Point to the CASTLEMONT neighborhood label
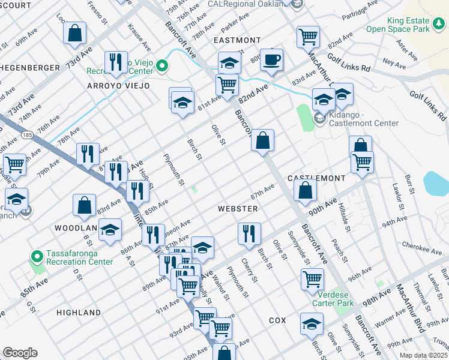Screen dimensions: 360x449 coord(316,178)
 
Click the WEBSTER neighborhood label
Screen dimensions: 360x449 coord(238,208)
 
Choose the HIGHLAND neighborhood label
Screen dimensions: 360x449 coord(79,313)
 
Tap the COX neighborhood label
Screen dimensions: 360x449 coord(277,320)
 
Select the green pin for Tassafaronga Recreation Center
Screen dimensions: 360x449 coord(37,257)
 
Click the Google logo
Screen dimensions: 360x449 coord(20,353)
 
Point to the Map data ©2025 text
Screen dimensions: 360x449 coord(423,355)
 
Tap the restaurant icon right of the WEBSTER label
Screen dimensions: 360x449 coord(249,232)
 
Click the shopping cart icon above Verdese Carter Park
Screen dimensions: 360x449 coord(312,278)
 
